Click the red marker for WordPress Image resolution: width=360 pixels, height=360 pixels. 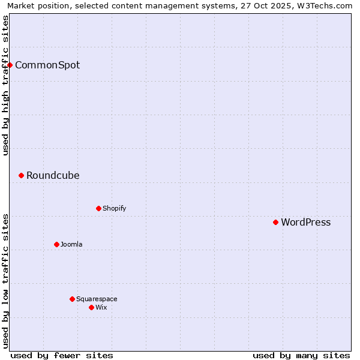pos(275,222)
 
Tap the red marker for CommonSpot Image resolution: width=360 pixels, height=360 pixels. pos(10,65)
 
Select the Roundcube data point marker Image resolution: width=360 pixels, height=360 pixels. pos(21,175)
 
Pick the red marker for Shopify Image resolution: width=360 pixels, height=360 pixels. pos(98,208)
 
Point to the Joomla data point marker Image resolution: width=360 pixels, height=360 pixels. pos(56,244)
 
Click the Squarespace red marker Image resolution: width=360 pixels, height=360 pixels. pos(72,299)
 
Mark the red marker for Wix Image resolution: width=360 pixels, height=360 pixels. pos(91,307)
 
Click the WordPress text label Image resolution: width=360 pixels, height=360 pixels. pos(305,222)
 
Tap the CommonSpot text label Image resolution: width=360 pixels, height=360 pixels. pos(47,65)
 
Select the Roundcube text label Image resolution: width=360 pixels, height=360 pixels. pos(53,175)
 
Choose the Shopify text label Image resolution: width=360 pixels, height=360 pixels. pos(114,208)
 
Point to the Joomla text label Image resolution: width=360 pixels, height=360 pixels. pos(71,244)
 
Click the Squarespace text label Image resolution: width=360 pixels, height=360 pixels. pos(97,299)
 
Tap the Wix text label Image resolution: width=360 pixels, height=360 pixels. pos(101,307)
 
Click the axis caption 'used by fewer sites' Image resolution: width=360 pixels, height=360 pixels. pos(62,355)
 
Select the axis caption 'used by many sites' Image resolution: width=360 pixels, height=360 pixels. pos(301,355)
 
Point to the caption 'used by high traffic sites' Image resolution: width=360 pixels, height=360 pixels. pos(6,85)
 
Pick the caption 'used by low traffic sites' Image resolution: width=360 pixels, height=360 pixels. pos(6,280)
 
